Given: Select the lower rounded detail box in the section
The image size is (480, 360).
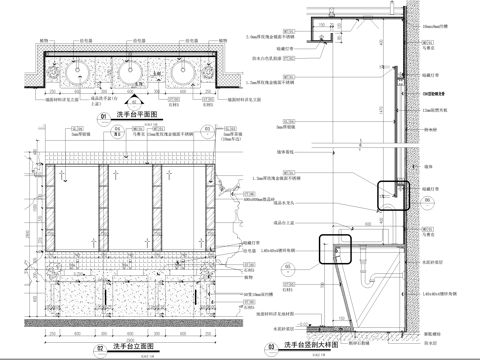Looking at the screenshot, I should pyautogui.click(x=333, y=248).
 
